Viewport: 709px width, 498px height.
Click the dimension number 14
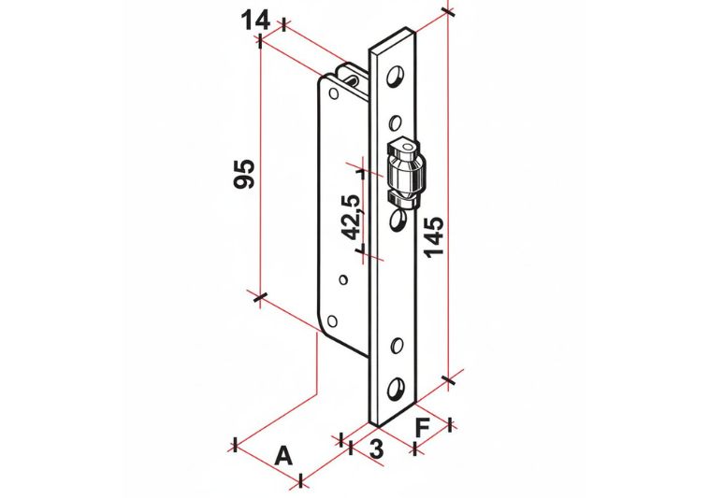click(x=255, y=21)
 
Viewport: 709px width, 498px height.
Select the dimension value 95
click(x=244, y=174)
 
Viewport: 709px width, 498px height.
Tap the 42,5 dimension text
click(x=351, y=217)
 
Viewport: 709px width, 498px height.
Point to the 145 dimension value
click(x=433, y=236)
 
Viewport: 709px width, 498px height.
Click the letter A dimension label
click(x=284, y=455)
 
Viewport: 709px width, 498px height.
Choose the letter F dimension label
click(x=422, y=428)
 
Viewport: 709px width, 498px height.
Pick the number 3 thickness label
click(x=376, y=448)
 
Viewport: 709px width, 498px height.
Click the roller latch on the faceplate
click(x=406, y=175)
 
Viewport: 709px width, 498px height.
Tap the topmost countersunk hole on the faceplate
click(x=396, y=76)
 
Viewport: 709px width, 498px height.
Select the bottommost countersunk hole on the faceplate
click(x=396, y=388)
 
